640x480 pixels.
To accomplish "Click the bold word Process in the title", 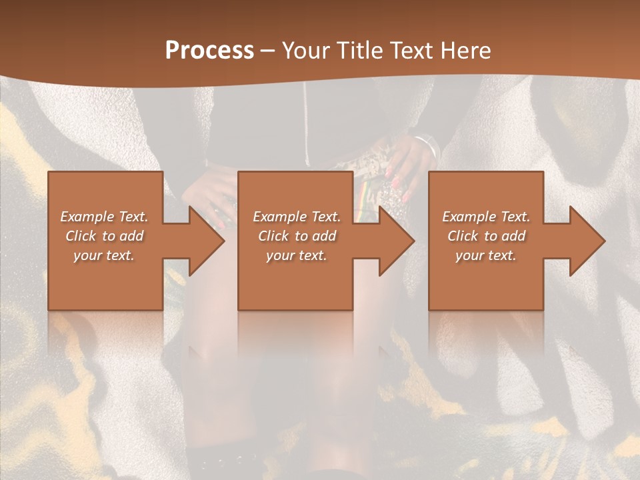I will pos(209,51).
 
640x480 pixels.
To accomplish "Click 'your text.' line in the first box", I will pos(104,255).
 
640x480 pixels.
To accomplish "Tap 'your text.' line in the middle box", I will pos(297,255).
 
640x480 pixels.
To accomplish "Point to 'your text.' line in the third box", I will pos(486,255).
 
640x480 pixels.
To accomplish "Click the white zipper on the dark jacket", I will pos(306,127).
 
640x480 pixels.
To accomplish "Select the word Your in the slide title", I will pos(306,51).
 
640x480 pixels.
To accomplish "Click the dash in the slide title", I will pos(268,51).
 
